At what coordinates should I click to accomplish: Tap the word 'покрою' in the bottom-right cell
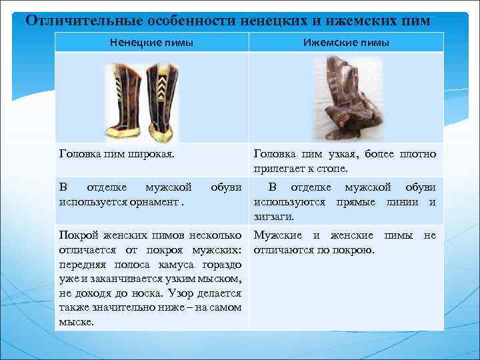tap(354, 250)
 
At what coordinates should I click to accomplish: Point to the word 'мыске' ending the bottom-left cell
tap(75, 321)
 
